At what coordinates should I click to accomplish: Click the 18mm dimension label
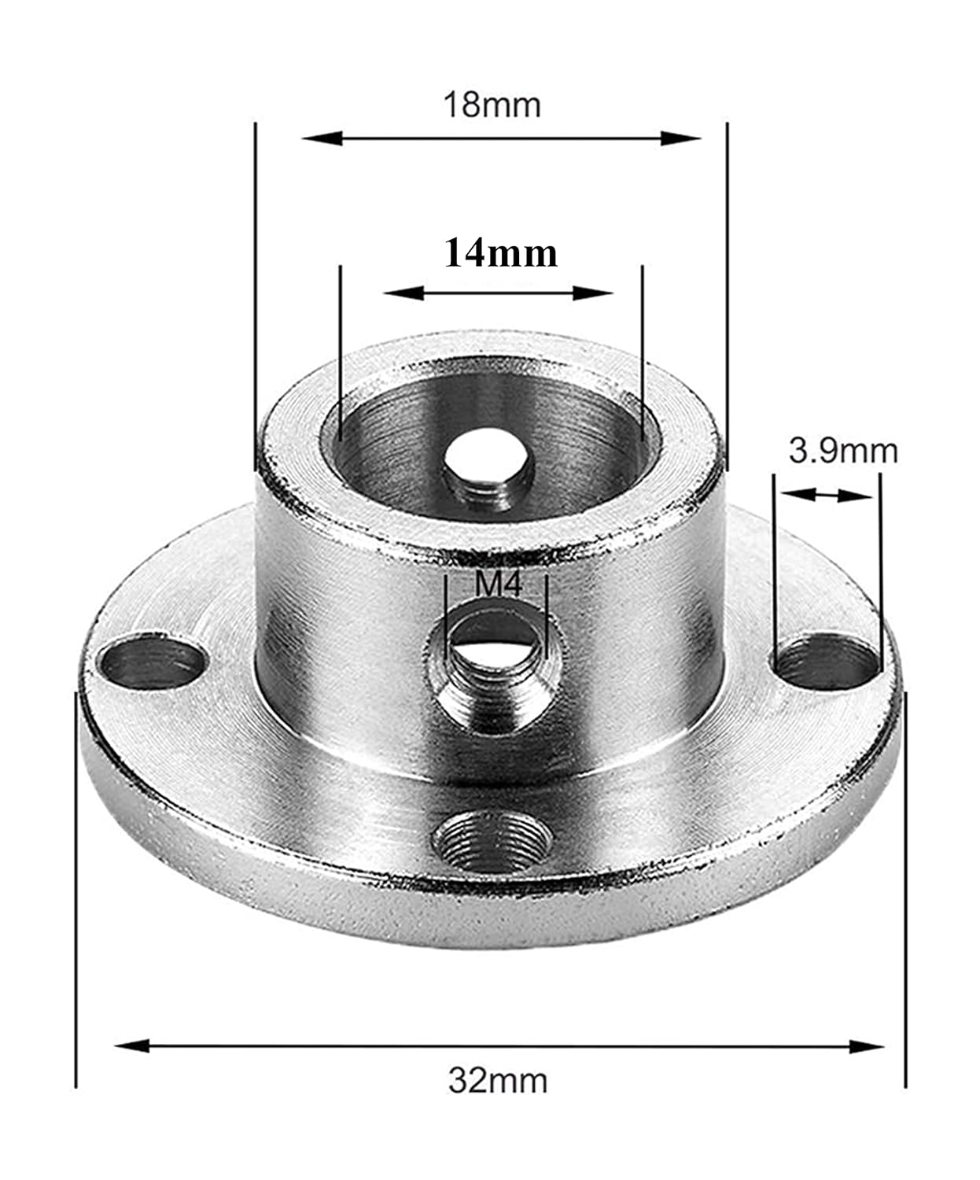[492, 105]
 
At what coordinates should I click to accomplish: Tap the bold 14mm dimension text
[501, 253]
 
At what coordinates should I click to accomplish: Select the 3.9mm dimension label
[843, 452]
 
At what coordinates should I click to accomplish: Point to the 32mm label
[498, 1081]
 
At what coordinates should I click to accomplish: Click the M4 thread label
[499, 585]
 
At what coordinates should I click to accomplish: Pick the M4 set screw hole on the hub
[496, 669]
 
